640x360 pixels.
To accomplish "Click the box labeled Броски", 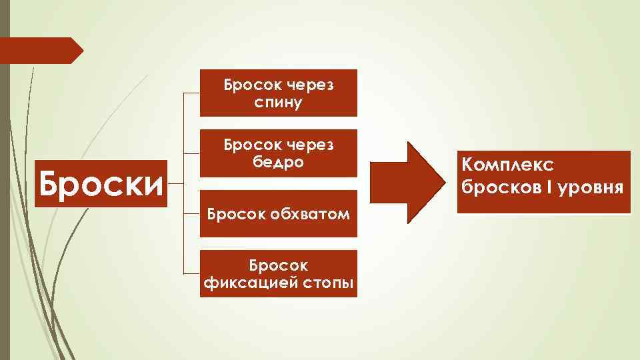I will pos(101,183).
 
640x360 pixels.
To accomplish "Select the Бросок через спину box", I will pos(279,93).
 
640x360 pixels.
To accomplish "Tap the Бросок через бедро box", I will pos(279,153).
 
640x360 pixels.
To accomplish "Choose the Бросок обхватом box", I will pos(279,214).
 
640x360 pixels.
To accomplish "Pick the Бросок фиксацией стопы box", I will pos(279,273).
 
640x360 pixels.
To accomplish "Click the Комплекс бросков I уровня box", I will pos(543,182).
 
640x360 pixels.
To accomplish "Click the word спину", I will pos(279,103).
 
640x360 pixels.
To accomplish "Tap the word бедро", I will pos(279,163).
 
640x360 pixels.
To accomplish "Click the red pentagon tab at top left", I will pos(40,51).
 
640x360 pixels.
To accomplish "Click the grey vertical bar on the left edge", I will pos(5,200).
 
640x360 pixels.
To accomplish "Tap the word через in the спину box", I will pos(311,85).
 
